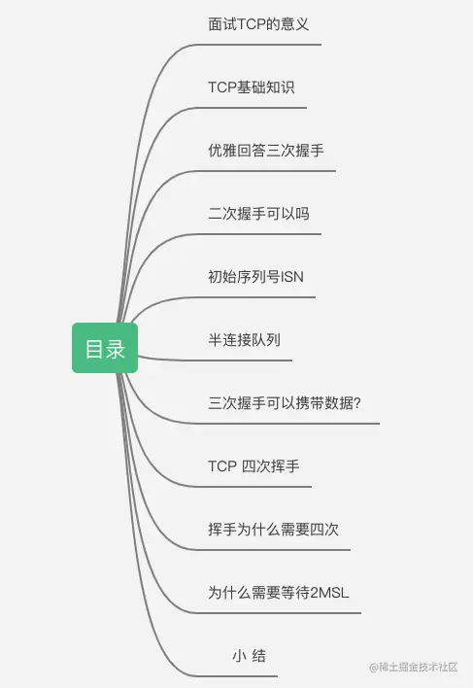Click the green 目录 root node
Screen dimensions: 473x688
coord(105,348)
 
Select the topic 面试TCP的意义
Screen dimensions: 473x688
coord(258,24)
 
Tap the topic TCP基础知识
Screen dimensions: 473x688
coord(252,87)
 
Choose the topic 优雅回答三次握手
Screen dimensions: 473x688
coord(266,151)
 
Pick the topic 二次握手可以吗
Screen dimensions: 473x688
coord(258,214)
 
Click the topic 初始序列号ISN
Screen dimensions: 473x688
coord(255,277)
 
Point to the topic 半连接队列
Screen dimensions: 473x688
coord(244,340)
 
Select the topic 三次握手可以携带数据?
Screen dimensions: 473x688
coord(285,403)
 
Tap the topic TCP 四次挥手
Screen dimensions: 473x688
coord(253,466)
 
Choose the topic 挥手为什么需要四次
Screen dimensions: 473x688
coord(274,530)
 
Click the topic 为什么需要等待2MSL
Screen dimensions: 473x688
coord(279,593)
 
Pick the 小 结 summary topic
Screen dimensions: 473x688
coord(249,656)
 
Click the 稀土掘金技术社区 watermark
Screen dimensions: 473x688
coord(414,668)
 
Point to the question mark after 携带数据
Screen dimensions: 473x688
coord(357,403)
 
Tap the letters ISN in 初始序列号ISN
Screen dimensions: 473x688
coord(292,277)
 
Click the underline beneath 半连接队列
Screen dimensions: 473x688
coord(215,360)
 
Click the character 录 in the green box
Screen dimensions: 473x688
coord(115,349)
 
